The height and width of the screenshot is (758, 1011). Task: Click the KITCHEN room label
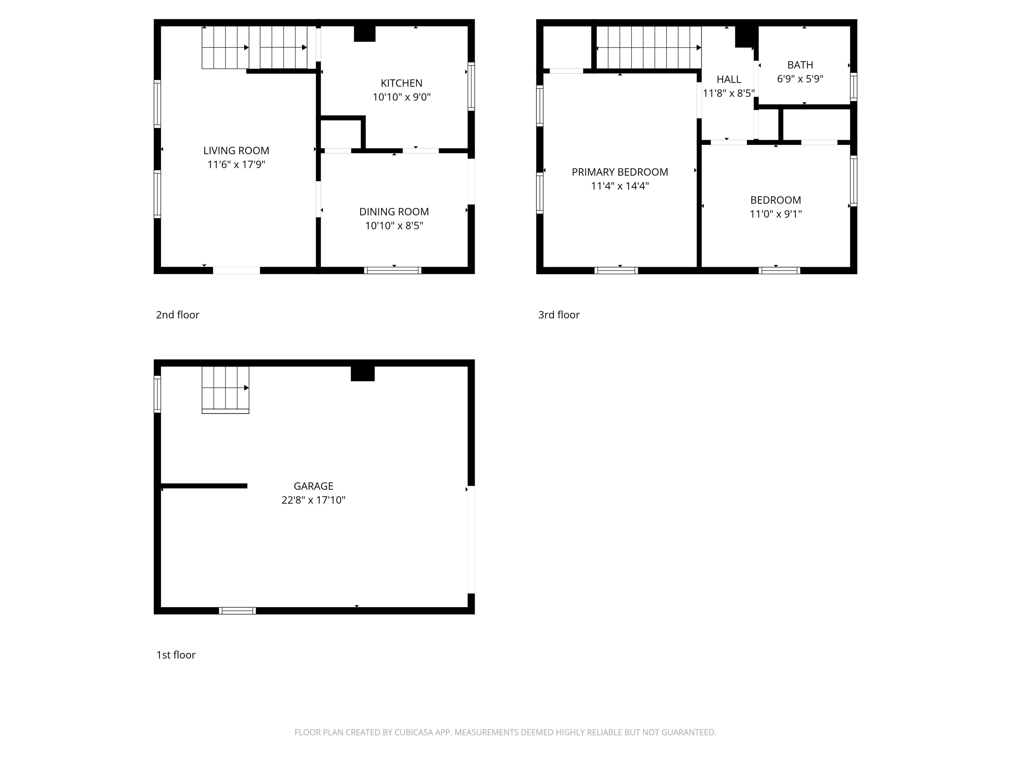pyautogui.click(x=401, y=83)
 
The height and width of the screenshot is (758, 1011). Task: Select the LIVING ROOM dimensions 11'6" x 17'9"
pyautogui.click(x=236, y=164)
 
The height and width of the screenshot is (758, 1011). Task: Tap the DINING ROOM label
pyautogui.click(x=394, y=212)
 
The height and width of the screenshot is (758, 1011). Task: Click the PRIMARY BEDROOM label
pyautogui.click(x=620, y=172)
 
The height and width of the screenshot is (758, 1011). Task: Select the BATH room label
pyautogui.click(x=800, y=65)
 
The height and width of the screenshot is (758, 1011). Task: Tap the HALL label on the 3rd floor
pyautogui.click(x=729, y=80)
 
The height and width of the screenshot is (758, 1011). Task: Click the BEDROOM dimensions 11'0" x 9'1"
pyautogui.click(x=776, y=214)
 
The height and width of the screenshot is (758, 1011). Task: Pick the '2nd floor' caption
pyautogui.click(x=177, y=315)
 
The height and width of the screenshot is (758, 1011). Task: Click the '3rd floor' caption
pyautogui.click(x=558, y=315)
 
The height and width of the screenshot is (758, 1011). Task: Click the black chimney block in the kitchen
pyautogui.click(x=365, y=34)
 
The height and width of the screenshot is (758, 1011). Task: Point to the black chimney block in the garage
pyautogui.click(x=362, y=373)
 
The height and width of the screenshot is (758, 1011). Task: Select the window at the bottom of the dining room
pyautogui.click(x=393, y=270)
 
